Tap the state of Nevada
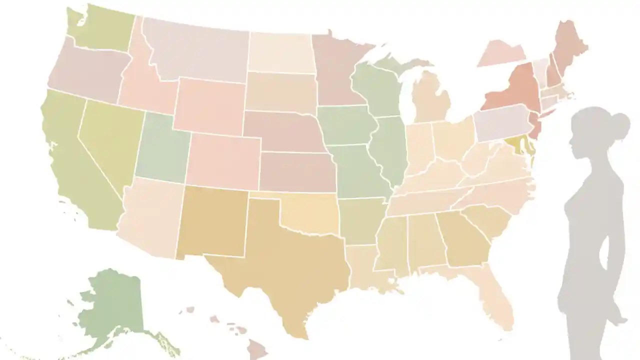[107, 140]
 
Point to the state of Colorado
[222, 160]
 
